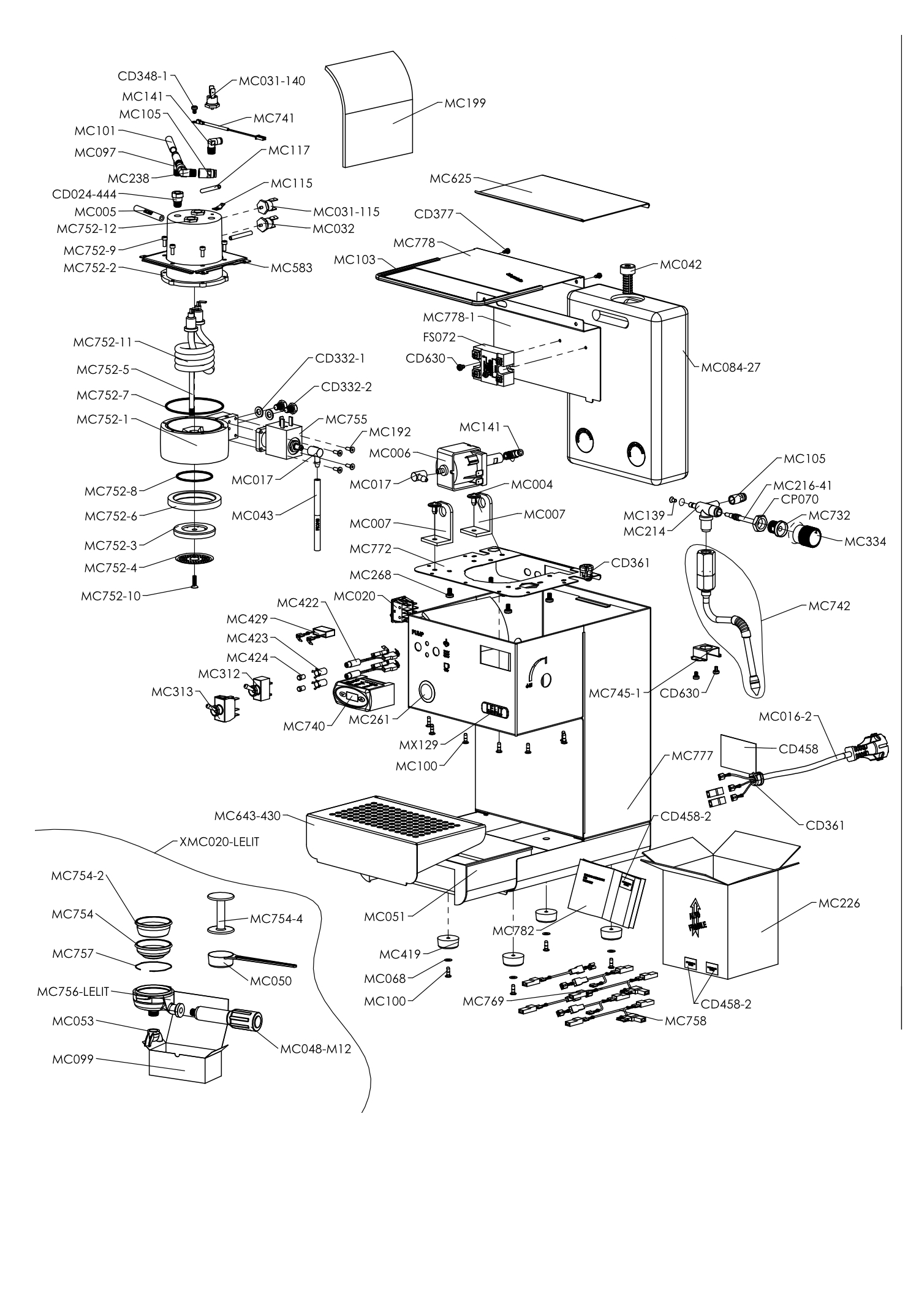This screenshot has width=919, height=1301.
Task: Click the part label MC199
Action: [465, 104]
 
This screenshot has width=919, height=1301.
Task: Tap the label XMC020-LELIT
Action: [219, 841]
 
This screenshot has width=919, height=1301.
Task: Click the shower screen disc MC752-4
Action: [193, 559]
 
